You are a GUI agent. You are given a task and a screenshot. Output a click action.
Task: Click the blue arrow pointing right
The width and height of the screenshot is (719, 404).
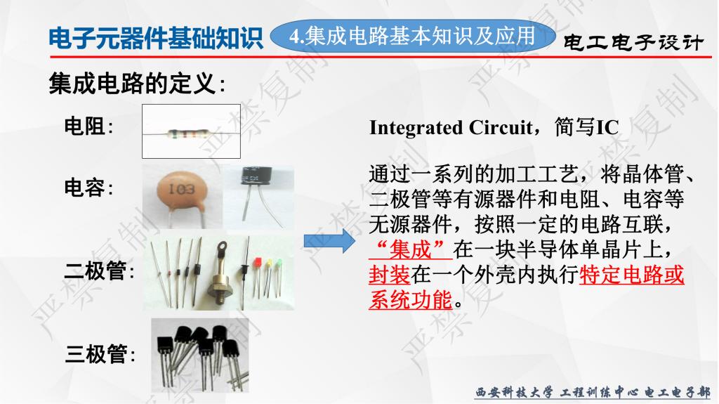(329, 240)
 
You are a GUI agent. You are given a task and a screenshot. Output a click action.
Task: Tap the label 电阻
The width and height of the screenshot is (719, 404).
(85, 126)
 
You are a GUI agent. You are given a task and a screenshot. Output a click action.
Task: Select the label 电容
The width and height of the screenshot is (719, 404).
(85, 188)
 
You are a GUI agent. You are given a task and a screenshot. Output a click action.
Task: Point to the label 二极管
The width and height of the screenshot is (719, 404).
(95, 271)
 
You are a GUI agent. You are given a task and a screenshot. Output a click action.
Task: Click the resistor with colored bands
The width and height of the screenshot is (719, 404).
(189, 134)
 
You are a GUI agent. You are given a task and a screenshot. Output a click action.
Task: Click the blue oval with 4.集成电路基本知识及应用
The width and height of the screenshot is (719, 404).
(413, 36)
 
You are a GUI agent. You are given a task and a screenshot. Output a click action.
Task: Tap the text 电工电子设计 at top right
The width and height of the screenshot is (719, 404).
(633, 43)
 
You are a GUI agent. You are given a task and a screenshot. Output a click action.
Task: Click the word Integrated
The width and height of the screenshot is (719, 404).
(416, 128)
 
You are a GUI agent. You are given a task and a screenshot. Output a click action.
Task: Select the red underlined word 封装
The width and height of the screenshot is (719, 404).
(390, 275)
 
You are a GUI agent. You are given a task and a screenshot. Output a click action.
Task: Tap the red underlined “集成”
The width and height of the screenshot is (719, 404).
(411, 249)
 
